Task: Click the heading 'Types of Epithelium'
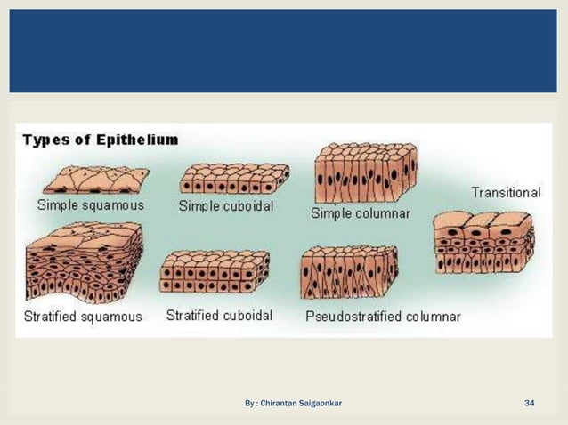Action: point(100,140)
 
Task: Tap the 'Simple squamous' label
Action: point(90,204)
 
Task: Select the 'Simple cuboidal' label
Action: point(226,206)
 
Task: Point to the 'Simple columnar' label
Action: point(361,213)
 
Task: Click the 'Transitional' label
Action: point(506,193)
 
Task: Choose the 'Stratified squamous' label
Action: point(84,317)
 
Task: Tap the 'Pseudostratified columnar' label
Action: point(383,317)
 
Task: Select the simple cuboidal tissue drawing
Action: point(234,180)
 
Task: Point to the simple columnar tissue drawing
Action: point(366,172)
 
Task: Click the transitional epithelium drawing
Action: point(483,242)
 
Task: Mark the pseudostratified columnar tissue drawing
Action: point(350,273)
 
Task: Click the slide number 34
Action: point(530,405)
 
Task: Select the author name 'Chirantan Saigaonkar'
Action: point(302,405)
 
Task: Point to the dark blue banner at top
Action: point(284,50)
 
